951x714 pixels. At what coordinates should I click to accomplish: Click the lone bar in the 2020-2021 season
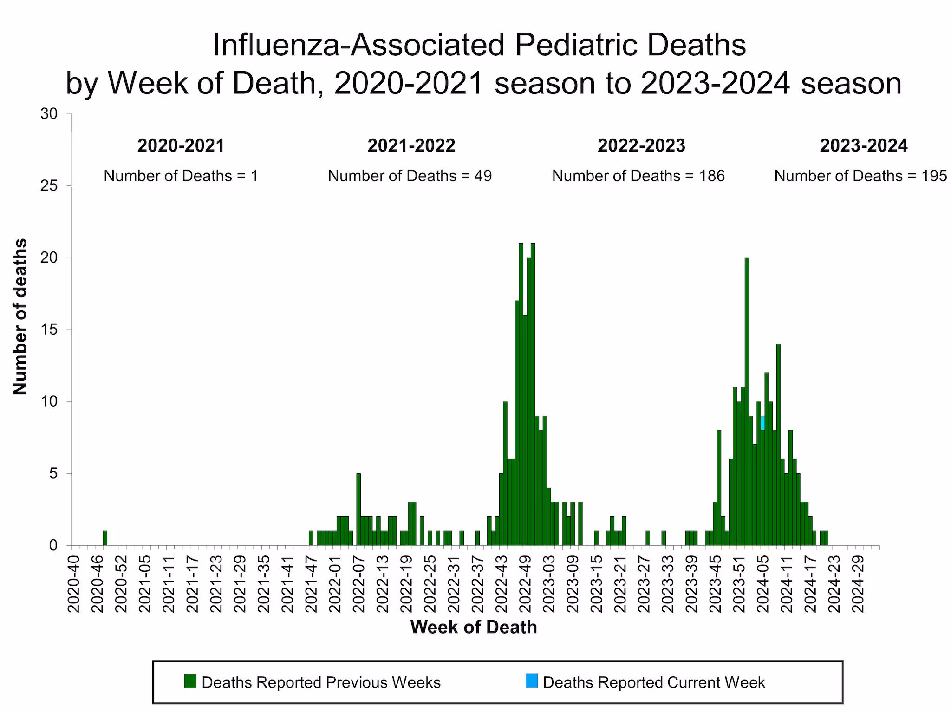105,538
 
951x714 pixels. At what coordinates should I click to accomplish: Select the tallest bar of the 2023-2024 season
747,400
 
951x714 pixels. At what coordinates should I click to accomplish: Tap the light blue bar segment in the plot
762,423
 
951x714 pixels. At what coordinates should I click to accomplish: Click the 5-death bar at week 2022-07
358,509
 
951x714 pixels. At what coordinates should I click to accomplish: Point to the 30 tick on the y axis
49,114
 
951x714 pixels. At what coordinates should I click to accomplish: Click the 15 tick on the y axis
49,330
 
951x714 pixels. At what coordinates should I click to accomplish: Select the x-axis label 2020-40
73,583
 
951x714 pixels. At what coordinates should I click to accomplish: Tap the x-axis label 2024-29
858,583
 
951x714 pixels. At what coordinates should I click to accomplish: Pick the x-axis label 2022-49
525,583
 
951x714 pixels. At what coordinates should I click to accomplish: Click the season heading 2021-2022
411,146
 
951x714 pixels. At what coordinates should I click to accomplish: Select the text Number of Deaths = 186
638,176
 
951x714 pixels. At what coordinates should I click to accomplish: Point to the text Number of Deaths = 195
860,176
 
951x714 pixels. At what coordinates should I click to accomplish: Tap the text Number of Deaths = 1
181,176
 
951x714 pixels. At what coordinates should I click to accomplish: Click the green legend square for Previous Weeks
190,681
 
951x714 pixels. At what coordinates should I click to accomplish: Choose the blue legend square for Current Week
531,681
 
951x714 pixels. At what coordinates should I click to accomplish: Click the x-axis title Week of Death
473,627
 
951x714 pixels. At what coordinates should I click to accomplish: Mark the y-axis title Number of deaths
20,317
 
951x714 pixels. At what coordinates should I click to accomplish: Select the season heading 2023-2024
863,146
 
